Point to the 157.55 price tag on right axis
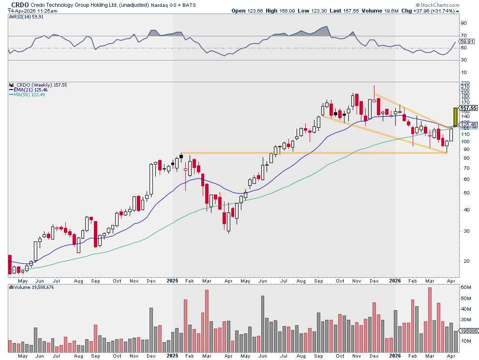click(x=468, y=108)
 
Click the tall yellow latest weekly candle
click(x=455, y=117)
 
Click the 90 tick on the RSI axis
click(x=463, y=23)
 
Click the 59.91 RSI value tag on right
click(x=468, y=42)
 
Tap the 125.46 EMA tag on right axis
click(x=468, y=125)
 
